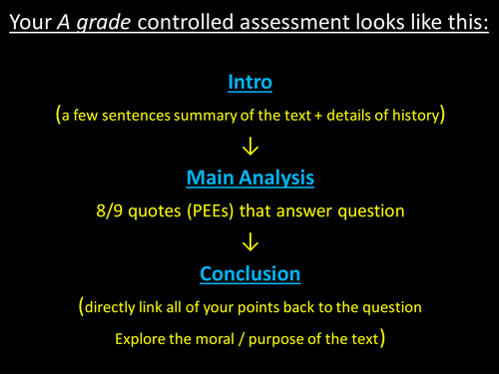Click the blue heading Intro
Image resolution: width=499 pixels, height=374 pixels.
pos(249,81)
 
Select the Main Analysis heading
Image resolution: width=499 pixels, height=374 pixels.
pos(249,180)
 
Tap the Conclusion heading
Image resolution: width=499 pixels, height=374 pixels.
pos(249,273)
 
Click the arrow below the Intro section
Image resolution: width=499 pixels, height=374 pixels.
pos(249,148)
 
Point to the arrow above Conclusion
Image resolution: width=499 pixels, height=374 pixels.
pos(249,242)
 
